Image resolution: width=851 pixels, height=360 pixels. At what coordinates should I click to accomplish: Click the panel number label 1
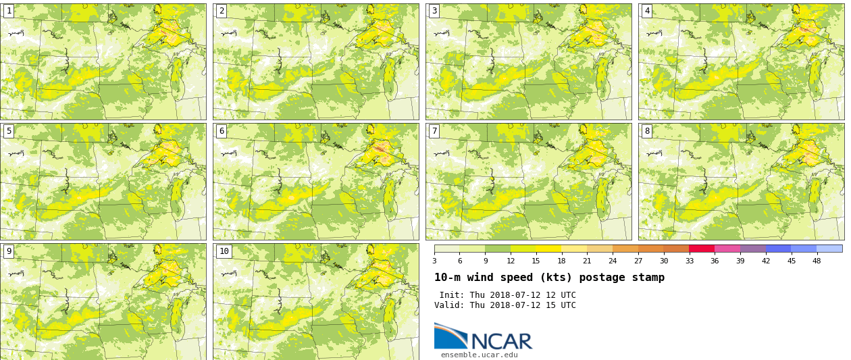(9, 11)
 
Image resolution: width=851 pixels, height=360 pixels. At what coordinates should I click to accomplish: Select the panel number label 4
(647, 11)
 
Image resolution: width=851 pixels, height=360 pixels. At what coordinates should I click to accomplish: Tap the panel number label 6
(222, 131)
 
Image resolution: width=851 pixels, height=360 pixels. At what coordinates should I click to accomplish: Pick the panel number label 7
(434, 131)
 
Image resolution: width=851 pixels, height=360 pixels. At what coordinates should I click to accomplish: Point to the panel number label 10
(224, 251)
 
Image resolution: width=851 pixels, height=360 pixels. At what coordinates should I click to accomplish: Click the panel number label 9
(9, 251)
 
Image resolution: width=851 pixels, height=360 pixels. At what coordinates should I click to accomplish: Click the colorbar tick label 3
(434, 261)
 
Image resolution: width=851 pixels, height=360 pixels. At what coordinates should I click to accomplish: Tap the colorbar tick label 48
(817, 261)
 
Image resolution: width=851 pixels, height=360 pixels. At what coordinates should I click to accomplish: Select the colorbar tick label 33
(689, 261)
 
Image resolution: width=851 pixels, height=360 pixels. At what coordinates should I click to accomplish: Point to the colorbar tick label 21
(587, 261)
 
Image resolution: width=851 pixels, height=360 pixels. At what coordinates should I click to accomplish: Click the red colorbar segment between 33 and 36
(702, 249)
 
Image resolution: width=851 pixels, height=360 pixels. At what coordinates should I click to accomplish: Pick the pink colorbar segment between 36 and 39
(727, 249)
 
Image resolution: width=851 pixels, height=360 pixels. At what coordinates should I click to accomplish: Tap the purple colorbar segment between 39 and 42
(753, 249)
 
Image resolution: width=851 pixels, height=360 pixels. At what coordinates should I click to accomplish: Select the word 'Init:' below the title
(452, 295)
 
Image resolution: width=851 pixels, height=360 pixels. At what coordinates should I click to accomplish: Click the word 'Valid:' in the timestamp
(449, 305)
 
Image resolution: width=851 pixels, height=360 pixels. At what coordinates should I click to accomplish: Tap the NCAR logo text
(501, 341)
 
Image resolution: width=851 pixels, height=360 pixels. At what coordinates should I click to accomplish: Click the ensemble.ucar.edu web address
(479, 355)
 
